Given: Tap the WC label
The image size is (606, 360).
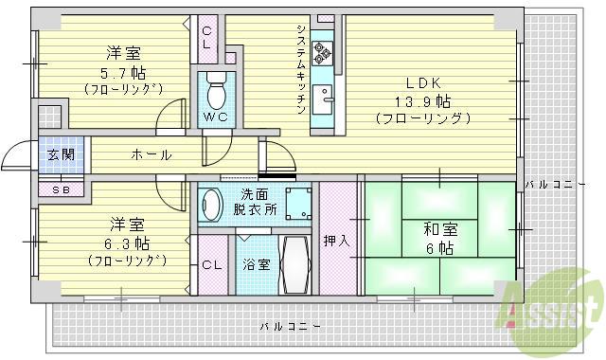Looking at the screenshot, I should click(214, 118).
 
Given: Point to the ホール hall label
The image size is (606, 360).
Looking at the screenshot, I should click(151, 154).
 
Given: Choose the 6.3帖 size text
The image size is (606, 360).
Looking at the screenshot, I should click(127, 243).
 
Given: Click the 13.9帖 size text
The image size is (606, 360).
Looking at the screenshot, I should click(423, 100).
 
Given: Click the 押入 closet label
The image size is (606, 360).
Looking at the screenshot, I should click(336, 241).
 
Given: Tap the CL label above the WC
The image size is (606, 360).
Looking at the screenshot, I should click(206, 37).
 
